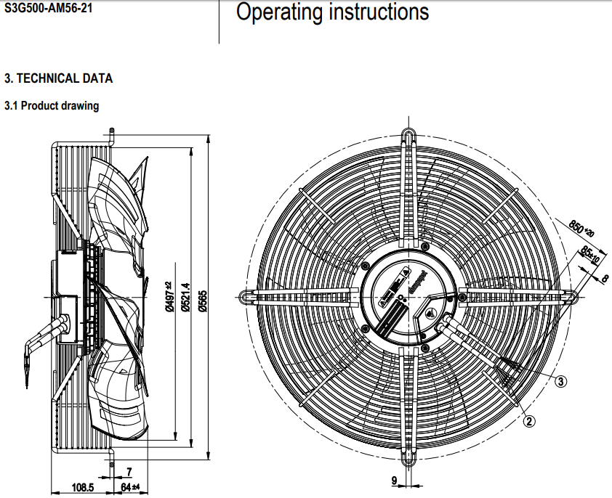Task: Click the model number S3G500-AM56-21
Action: pos(49,11)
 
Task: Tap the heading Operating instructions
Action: pos(333,12)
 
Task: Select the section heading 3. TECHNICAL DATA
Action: pos(59,78)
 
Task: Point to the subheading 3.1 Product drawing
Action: pos(52,106)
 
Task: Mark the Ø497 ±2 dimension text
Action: pos(168,296)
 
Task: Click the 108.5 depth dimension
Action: pos(82,487)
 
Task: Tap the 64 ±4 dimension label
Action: pos(130,487)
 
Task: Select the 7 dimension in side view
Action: pos(129,472)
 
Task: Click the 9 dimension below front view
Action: pos(394,481)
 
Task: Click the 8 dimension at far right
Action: pos(605,277)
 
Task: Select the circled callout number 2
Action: pos(530,420)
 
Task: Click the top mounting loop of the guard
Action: pos(409,138)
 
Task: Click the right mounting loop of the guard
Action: pos(571,295)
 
